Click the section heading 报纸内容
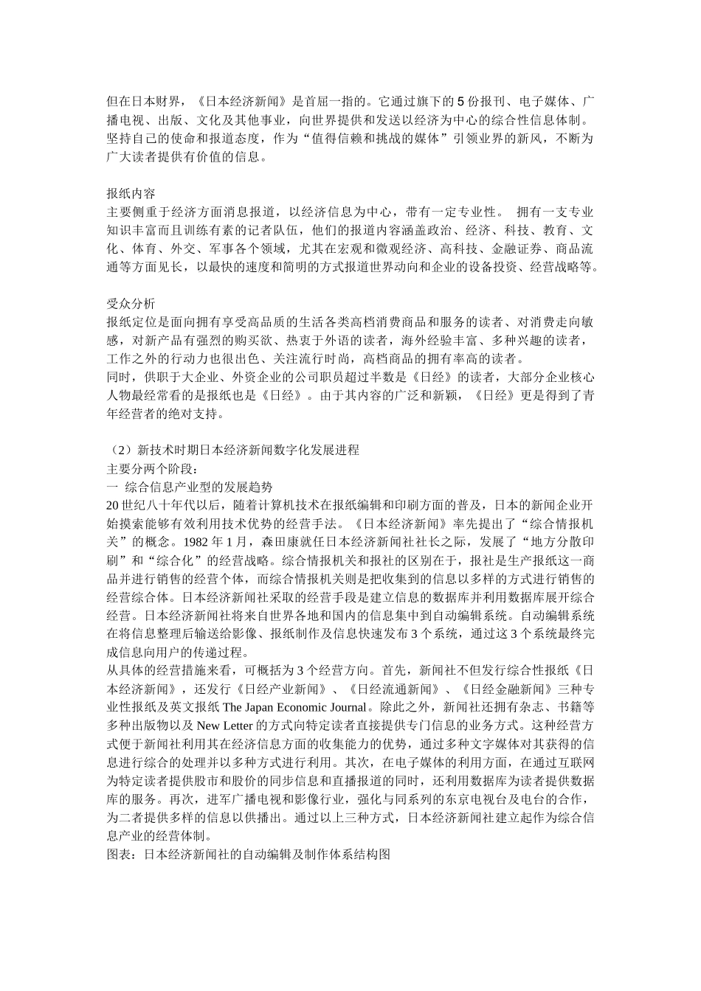coord(131,193)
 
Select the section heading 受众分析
coord(131,303)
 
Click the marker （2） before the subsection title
coord(120,450)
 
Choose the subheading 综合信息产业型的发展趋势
coord(199,487)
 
